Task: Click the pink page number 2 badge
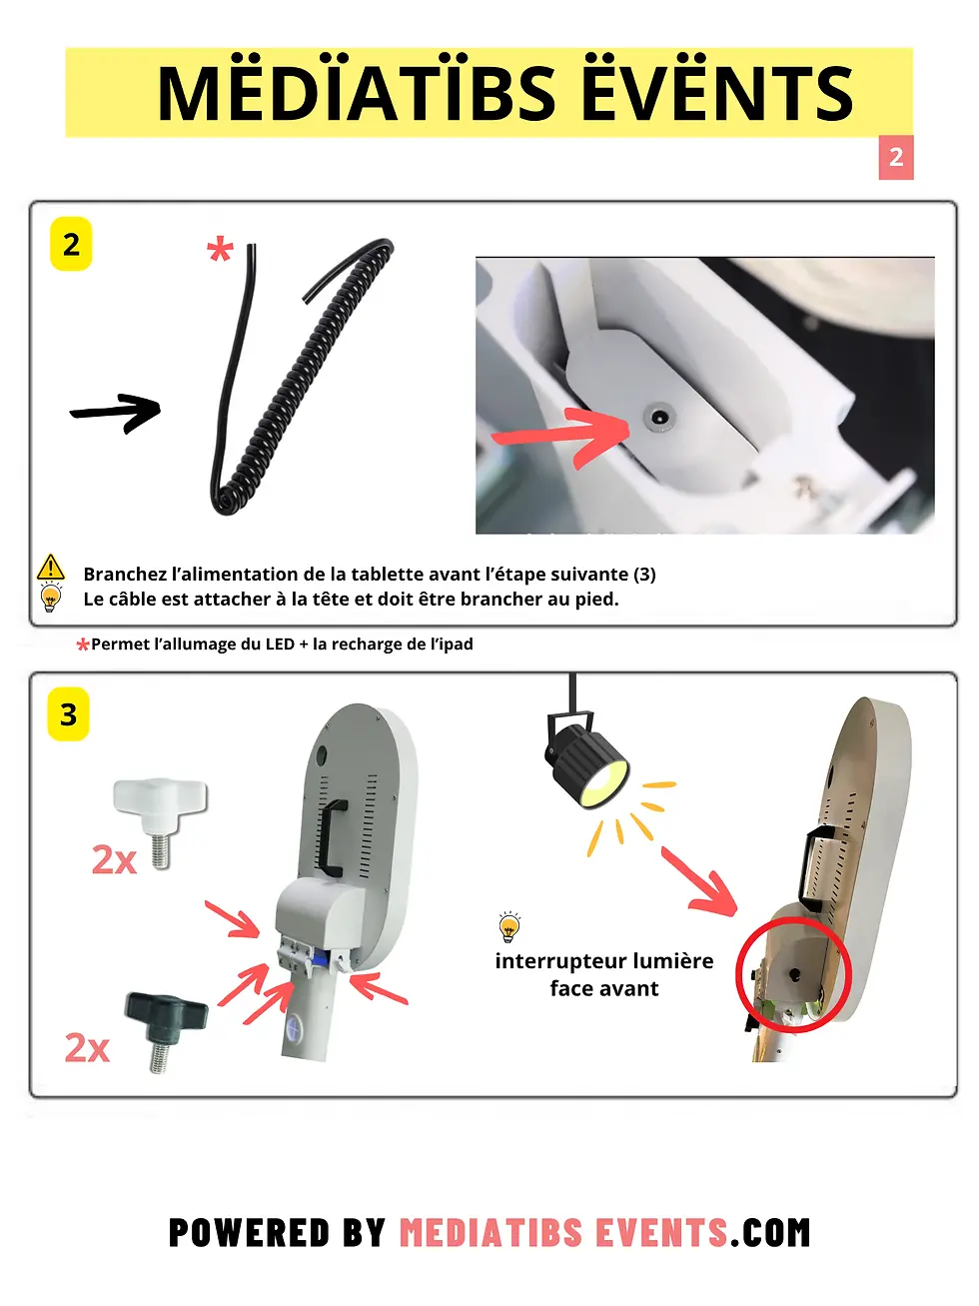click(895, 157)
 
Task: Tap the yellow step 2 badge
click(71, 244)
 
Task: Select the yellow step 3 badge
click(68, 713)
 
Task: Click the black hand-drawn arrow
click(116, 412)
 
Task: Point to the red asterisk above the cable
click(220, 250)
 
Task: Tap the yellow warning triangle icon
click(51, 567)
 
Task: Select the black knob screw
click(166, 1031)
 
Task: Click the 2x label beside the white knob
click(114, 859)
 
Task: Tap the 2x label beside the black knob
click(87, 1048)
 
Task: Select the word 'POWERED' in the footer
click(249, 1232)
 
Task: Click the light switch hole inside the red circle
click(794, 975)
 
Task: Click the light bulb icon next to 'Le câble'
click(51, 598)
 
